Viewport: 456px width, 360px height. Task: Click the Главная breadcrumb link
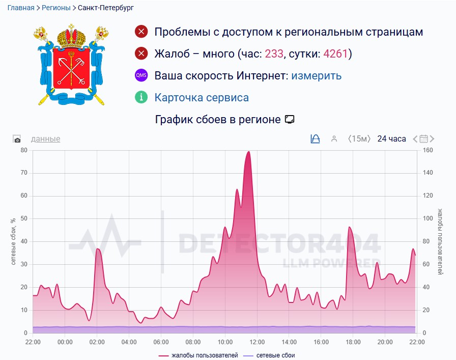pos(20,8)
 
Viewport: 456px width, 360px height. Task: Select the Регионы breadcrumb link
pos(56,8)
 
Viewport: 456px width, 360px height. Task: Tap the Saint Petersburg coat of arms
pos(72,65)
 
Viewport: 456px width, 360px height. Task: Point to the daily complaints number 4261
pos(337,53)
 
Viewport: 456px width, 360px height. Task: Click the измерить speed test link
pos(316,76)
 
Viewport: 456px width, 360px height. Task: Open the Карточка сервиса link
pos(202,98)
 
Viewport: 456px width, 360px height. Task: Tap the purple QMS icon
pos(141,75)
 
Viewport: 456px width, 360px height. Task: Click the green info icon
pos(141,97)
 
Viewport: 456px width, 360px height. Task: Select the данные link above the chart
pos(45,139)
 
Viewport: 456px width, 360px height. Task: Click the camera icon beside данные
pos(17,140)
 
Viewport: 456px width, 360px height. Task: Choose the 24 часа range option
pos(391,139)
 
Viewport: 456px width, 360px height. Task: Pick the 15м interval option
pos(359,139)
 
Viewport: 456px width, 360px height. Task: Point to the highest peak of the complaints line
pos(248,151)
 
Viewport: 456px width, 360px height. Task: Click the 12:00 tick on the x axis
pos(256,342)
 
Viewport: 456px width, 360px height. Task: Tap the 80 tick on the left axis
pos(23,150)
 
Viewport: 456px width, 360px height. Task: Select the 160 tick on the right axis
pos(427,150)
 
